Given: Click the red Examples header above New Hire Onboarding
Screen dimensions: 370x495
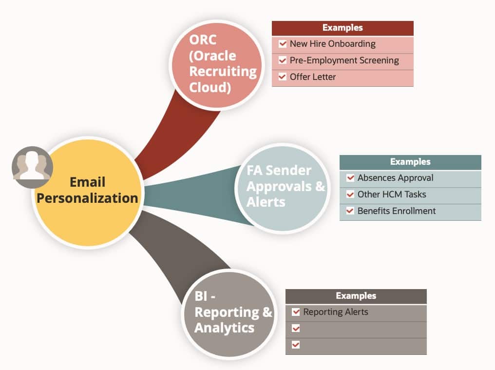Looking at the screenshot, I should coord(343,28).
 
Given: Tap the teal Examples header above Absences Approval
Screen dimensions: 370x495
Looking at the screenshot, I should coord(410,162).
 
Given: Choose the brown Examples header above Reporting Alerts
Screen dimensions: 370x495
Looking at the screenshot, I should coord(356,296).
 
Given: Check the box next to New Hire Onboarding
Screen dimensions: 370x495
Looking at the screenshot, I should coord(283,44).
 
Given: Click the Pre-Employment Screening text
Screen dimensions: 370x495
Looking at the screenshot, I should coord(344,60).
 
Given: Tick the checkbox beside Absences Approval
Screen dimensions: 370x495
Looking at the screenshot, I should coord(350,178).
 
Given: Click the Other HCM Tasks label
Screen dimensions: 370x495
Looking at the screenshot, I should coord(391,195).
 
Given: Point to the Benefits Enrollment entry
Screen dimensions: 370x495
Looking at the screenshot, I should coord(396,211).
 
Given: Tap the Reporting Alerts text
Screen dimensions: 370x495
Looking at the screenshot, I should coord(335,312).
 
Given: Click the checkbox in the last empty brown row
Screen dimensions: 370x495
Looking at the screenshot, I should coord(296,345).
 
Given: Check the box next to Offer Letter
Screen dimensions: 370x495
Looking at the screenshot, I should coord(283,77).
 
